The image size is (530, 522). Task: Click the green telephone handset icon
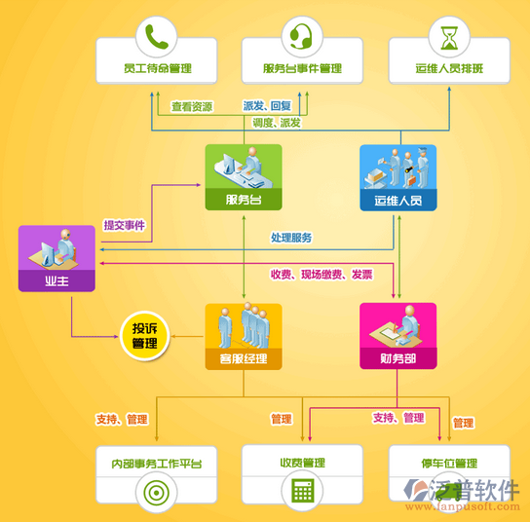point(157,37)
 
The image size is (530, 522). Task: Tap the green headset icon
point(301,36)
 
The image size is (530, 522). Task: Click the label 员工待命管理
point(158,68)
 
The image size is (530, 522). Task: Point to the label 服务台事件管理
point(302,68)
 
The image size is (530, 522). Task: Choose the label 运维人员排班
point(449,68)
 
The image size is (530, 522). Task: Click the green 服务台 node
point(244,177)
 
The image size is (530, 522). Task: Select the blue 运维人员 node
point(398,178)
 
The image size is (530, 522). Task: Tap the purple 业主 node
point(57,258)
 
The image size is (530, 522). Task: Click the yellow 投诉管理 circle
point(144,336)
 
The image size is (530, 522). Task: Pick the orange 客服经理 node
point(244,337)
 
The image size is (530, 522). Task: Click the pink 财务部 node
point(398,336)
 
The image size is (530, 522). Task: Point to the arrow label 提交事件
point(125,225)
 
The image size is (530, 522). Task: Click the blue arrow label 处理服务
point(291,238)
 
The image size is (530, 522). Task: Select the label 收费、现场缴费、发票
point(322,275)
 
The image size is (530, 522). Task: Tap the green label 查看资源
point(192,107)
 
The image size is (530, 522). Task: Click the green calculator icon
point(303,490)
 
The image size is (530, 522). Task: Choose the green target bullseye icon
point(157,493)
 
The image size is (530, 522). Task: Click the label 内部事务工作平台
point(157,464)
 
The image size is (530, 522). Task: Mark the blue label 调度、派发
point(277,123)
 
